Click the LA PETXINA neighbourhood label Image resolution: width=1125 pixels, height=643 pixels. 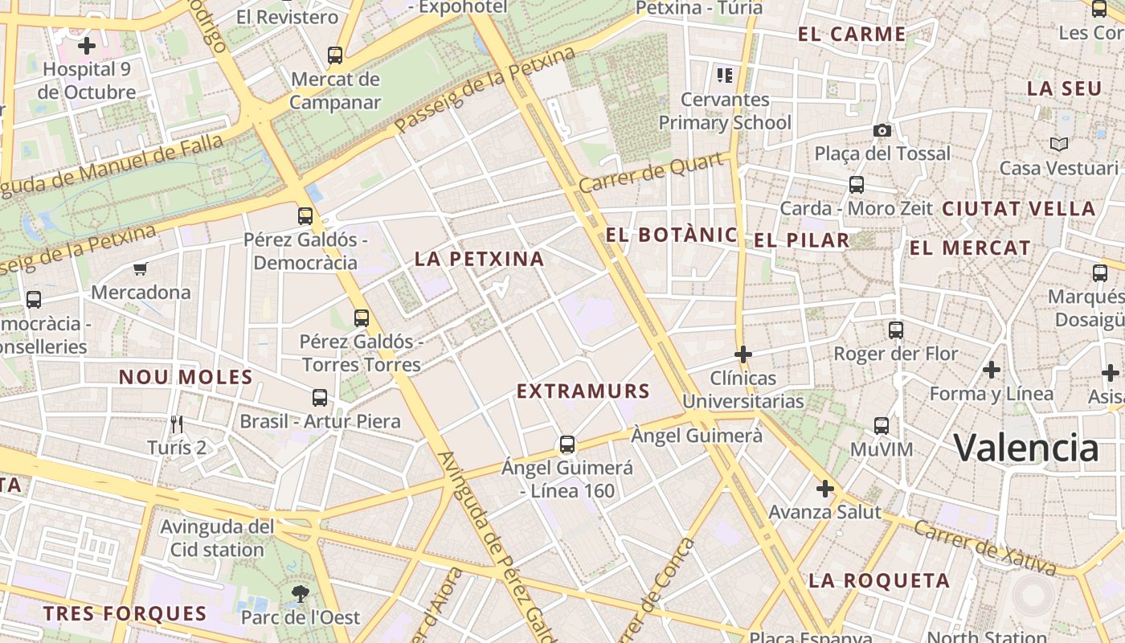click(x=479, y=259)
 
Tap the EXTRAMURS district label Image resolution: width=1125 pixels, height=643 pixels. click(x=583, y=391)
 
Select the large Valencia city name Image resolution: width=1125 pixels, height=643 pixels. click(x=1026, y=448)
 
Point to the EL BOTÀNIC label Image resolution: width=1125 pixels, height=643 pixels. click(x=671, y=235)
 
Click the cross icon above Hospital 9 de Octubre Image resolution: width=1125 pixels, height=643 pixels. click(x=87, y=46)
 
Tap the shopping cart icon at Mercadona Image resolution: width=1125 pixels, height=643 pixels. click(x=141, y=268)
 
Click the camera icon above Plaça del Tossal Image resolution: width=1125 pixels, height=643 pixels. click(x=882, y=130)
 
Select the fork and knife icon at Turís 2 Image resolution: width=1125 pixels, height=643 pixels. click(x=177, y=424)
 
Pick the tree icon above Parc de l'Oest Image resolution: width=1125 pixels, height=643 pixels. click(x=300, y=594)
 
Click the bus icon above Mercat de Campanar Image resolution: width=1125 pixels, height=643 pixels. click(x=335, y=55)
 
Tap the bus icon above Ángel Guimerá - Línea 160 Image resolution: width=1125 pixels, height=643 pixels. click(x=567, y=444)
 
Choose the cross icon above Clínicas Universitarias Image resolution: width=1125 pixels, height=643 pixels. click(x=743, y=354)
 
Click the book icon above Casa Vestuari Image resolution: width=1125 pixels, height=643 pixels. click(x=1059, y=145)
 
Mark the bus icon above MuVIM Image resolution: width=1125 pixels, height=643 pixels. click(x=882, y=425)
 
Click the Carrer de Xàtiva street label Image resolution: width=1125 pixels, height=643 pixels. click(x=984, y=548)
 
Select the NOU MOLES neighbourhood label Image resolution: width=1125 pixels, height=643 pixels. click(x=186, y=377)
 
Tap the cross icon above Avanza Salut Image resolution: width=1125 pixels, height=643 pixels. click(x=824, y=488)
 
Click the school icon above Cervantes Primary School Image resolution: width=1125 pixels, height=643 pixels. click(x=725, y=76)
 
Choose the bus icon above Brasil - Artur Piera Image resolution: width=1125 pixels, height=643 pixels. click(x=320, y=397)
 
